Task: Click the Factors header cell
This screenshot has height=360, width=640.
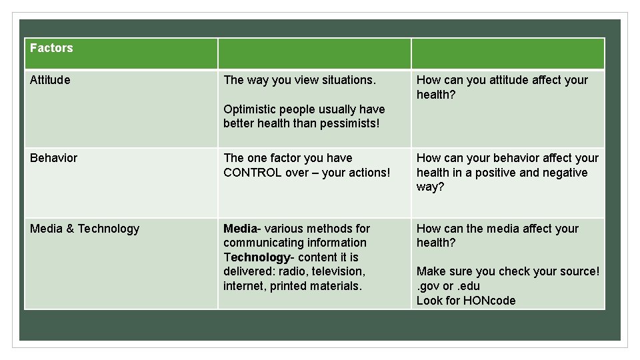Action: click(x=51, y=48)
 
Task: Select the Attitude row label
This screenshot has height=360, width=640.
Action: click(x=50, y=80)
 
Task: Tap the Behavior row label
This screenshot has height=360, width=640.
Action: click(x=53, y=158)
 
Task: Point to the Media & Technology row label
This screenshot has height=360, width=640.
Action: click(x=85, y=229)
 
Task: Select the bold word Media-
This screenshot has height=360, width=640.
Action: click(x=241, y=229)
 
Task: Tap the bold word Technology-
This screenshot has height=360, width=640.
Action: click(x=257, y=257)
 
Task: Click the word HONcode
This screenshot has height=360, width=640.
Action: click(x=490, y=301)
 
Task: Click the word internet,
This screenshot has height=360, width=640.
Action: click(x=247, y=286)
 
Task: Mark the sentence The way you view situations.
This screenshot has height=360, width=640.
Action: click(x=300, y=80)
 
